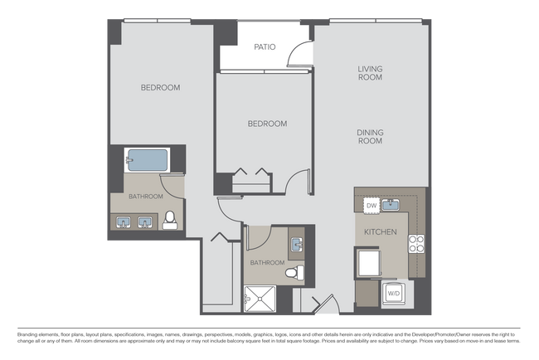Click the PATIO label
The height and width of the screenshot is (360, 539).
click(x=264, y=47)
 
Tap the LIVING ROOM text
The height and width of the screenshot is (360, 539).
click(x=370, y=73)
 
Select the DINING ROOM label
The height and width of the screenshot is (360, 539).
click(x=370, y=137)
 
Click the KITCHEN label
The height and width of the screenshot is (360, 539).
click(x=380, y=231)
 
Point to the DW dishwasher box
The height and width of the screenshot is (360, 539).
click(x=371, y=205)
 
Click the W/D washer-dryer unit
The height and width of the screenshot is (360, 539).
click(x=395, y=293)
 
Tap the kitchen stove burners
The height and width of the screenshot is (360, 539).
click(x=416, y=243)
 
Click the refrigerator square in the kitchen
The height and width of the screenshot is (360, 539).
click(x=368, y=263)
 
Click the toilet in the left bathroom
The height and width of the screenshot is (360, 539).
click(x=170, y=219)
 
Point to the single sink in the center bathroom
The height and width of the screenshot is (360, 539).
click(x=297, y=244)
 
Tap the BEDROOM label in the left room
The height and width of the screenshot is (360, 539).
click(x=160, y=87)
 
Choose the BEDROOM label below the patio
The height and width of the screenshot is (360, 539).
click(x=267, y=124)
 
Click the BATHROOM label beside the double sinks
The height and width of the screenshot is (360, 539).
click(x=145, y=197)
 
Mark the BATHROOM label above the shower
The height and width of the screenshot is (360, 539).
click(x=266, y=263)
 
